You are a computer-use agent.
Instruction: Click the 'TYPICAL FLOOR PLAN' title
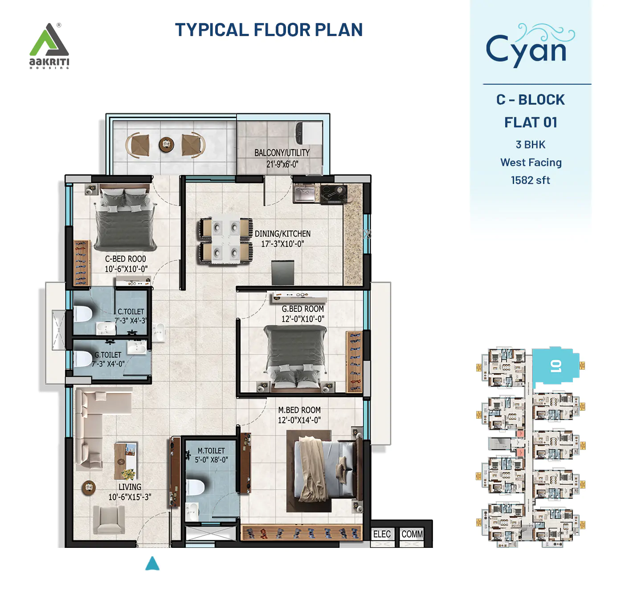tap(269, 30)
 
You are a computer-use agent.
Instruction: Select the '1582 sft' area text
tap(530, 180)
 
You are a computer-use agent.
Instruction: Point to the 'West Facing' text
tap(531, 163)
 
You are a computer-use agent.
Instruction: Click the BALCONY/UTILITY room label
tap(282, 153)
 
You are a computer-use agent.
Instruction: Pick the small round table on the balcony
tap(166, 144)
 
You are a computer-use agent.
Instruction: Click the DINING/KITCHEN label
tap(282, 234)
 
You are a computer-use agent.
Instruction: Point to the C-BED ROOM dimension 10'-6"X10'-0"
tap(126, 269)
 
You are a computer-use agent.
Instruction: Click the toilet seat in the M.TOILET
tap(195, 487)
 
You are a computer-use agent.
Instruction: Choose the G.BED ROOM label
tap(302, 309)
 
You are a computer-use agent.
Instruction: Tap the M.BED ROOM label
tap(299, 410)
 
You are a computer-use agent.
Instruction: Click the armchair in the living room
tap(108, 520)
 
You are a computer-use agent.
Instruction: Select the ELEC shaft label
tap(382, 534)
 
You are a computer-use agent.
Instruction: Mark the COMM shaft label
tap(412, 534)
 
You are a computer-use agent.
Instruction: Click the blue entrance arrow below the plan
tap(152, 563)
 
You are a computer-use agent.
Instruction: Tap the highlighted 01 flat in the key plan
tap(555, 366)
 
